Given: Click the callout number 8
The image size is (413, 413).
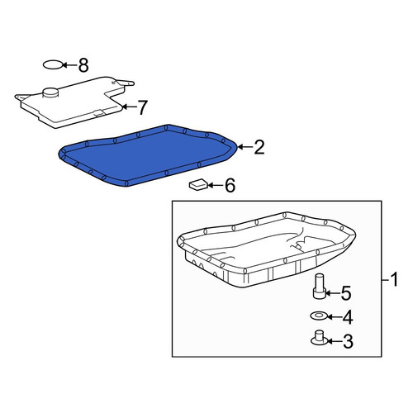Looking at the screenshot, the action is (x=83, y=65).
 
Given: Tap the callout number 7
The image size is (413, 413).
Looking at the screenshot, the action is (x=142, y=107).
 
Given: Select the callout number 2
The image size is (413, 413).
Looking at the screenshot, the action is (x=259, y=147).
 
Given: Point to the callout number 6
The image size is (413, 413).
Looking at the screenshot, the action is (x=230, y=185).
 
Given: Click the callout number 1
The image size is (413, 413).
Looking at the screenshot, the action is (x=395, y=279).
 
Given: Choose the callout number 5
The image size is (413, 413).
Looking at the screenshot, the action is (x=346, y=293).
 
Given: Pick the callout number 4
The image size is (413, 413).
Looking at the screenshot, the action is (x=348, y=317).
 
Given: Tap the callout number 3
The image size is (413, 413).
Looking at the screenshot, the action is (x=348, y=341).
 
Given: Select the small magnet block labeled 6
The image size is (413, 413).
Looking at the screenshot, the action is (x=198, y=184).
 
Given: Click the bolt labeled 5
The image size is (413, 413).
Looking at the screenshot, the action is (x=320, y=286).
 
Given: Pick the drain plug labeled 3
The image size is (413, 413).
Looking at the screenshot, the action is (x=319, y=338).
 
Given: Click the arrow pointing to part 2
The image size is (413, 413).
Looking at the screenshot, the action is (x=244, y=147).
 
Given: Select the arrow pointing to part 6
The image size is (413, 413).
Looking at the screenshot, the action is (x=216, y=185).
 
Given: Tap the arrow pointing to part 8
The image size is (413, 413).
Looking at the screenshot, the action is (x=69, y=65).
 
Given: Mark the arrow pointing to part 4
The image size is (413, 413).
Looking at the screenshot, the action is (x=334, y=317).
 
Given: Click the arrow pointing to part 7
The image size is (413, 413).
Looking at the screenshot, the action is (x=129, y=107).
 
